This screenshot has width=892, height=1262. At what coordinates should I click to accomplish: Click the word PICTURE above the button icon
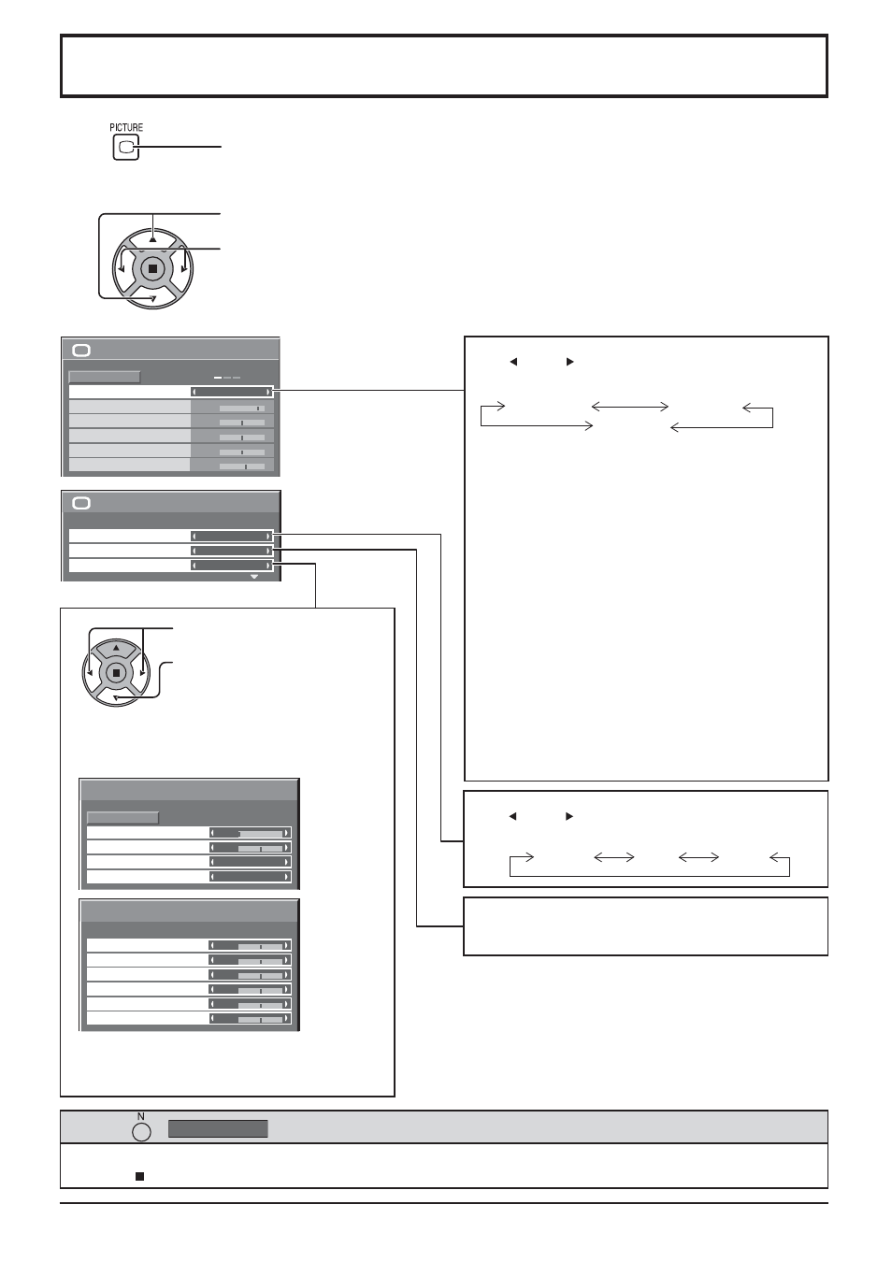click(126, 127)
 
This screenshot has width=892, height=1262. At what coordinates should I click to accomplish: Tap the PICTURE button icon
click(126, 148)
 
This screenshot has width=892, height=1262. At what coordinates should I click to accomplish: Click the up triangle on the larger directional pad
click(152, 239)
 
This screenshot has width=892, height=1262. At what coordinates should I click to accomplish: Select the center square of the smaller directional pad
click(116, 673)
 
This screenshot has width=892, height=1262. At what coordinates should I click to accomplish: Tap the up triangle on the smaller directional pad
click(116, 648)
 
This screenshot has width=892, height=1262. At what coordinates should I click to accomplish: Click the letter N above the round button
click(141, 1116)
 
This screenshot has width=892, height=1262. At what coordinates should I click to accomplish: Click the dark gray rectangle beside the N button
click(218, 1128)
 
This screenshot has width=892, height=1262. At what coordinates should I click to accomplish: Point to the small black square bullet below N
click(139, 1176)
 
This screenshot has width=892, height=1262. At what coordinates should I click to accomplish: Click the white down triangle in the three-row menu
click(254, 577)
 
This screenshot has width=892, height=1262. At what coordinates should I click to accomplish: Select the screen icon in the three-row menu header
click(81, 503)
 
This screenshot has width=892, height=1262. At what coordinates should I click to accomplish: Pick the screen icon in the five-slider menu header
click(81, 351)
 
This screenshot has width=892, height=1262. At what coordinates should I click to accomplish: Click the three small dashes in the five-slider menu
click(227, 378)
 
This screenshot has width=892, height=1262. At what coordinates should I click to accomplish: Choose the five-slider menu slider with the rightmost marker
click(242, 408)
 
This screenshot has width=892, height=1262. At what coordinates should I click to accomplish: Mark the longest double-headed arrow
click(630, 407)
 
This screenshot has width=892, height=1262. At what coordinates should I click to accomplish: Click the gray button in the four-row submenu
click(122, 817)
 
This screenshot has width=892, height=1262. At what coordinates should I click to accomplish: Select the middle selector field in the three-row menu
click(232, 551)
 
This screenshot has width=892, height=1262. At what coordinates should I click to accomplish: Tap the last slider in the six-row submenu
click(251, 1019)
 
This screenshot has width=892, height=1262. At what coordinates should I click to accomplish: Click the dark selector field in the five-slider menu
click(232, 392)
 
